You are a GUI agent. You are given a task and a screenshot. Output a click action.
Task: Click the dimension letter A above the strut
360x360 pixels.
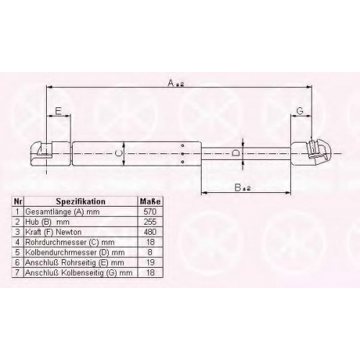[171, 84]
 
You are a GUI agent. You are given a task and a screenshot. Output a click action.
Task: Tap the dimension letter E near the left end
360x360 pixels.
[58, 111]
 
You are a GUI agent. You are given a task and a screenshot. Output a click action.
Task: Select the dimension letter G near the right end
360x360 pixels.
[300, 111]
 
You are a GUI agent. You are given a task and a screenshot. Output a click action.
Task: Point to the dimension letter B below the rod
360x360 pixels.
[238, 187]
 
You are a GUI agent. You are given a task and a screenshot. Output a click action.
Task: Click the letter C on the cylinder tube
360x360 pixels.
[118, 153]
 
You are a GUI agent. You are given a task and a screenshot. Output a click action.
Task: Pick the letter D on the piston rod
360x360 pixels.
[235, 153]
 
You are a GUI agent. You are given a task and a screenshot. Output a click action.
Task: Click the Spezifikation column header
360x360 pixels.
[81, 202]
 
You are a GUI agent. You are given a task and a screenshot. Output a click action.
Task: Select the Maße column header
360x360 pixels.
[150, 202]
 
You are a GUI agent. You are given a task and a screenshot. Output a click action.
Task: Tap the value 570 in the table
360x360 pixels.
[150, 212]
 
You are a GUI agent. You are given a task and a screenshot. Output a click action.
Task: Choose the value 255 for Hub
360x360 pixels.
[150, 222]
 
